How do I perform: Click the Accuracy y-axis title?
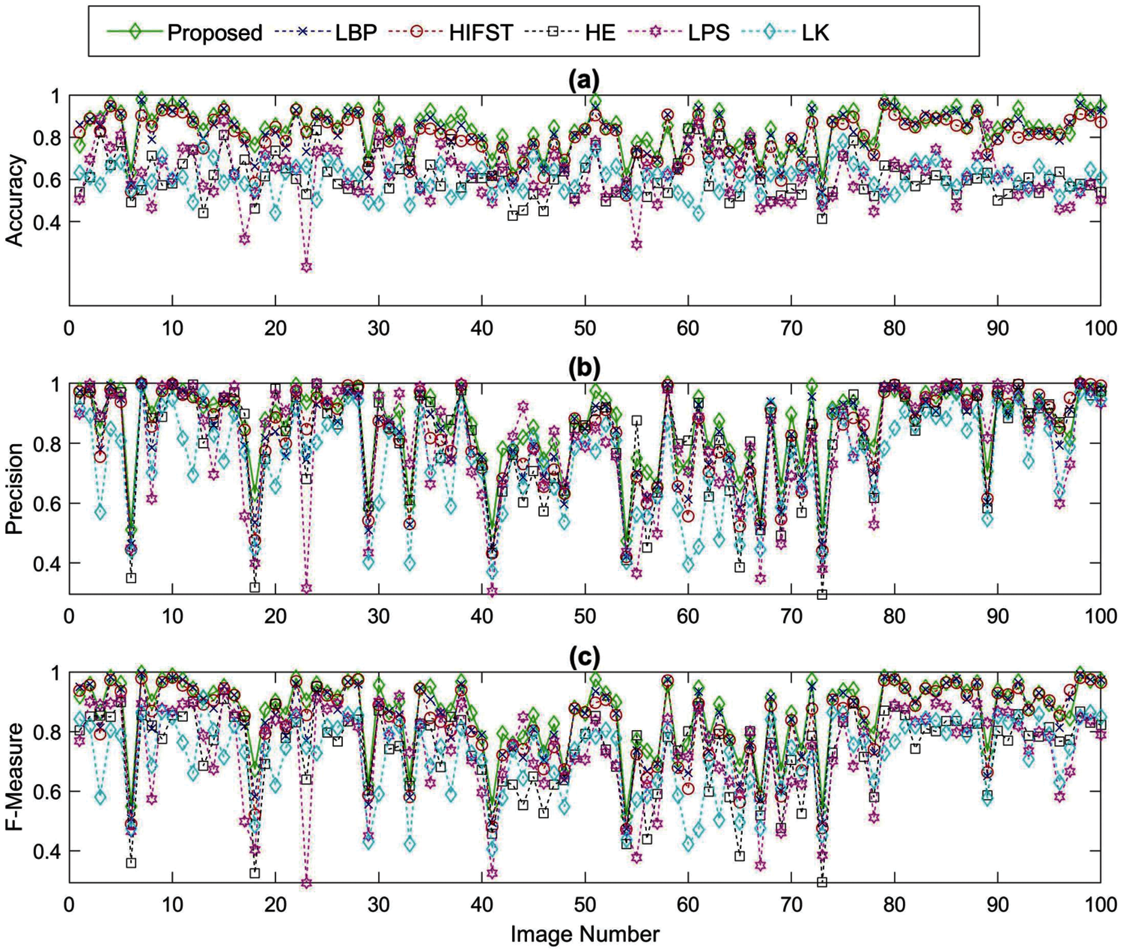pyautogui.click(x=16, y=201)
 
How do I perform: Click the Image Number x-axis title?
pyautogui.click(x=585, y=934)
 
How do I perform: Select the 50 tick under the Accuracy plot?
pyautogui.click(x=585, y=328)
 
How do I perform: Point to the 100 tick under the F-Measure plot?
pyautogui.click(x=1099, y=904)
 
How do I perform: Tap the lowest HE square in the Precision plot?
pyautogui.click(x=822, y=595)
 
